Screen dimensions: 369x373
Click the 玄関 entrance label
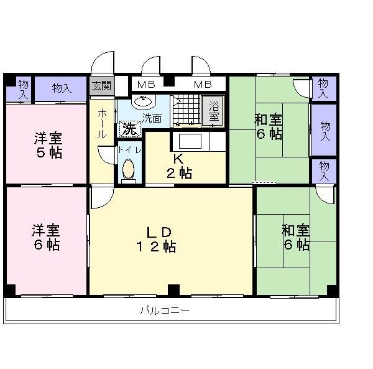click(x=102, y=86)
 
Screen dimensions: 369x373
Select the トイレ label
click(x=131, y=150)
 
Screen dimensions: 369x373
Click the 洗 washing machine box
click(x=129, y=128)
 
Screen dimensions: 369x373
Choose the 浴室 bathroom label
click(x=214, y=111)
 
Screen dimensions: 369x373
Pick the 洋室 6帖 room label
click(x=47, y=236)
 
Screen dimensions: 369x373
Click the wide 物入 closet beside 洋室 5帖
click(x=61, y=88)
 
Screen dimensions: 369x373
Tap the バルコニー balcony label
click(x=164, y=309)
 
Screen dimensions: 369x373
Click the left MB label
click(x=146, y=84)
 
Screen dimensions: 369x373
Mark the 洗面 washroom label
click(x=152, y=117)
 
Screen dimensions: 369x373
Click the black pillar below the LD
click(x=173, y=289)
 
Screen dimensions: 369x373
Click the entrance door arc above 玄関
click(x=103, y=64)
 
